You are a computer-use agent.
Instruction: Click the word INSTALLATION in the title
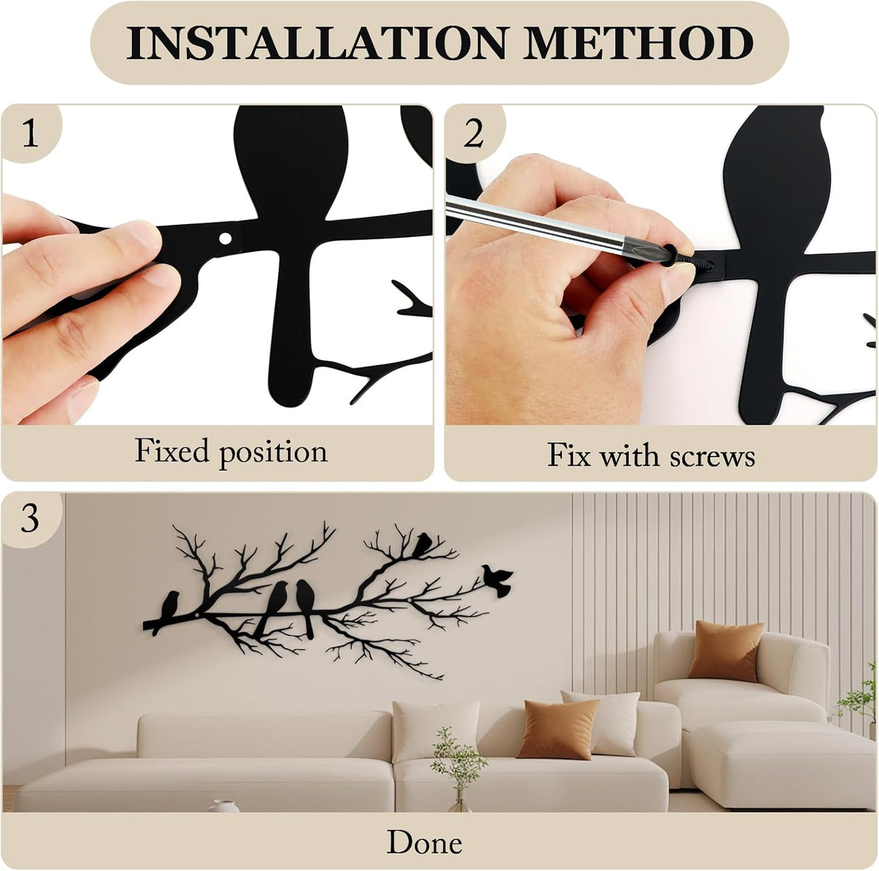tap(317, 43)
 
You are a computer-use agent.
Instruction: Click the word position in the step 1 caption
tap(273, 453)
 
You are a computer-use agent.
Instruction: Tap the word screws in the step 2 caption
tap(712, 455)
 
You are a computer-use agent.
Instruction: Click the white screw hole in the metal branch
tap(225, 238)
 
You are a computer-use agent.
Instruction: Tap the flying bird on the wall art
tap(497, 580)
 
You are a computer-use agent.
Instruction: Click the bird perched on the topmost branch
tap(422, 545)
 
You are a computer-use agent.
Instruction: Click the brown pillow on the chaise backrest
tap(725, 651)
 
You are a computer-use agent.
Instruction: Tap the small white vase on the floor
tap(223, 806)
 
